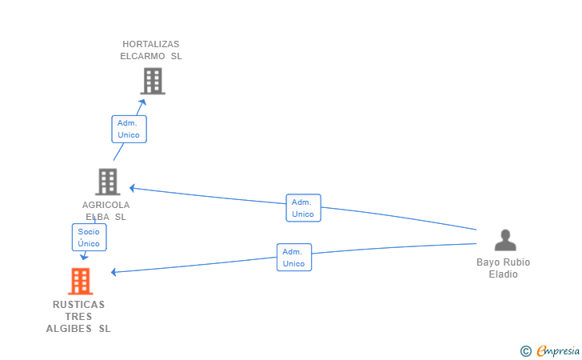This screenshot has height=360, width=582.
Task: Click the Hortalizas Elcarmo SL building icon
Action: (152, 81)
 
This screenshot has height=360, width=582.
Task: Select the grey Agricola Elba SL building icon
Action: (107, 182)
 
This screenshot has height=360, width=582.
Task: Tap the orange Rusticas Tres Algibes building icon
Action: (79, 281)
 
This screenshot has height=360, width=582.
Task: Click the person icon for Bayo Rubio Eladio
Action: (504, 240)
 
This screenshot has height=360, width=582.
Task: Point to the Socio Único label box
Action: (89, 238)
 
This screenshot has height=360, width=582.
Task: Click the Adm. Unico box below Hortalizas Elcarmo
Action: (129, 129)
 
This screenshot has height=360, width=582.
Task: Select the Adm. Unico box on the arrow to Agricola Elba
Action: (303, 208)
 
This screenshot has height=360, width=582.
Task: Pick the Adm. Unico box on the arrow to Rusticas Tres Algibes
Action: (293, 258)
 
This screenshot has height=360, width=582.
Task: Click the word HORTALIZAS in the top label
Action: (151, 44)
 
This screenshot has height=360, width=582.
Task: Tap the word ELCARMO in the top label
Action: (143, 56)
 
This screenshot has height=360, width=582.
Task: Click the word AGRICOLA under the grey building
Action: (106, 205)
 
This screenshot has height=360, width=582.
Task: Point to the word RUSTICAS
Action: (78, 305)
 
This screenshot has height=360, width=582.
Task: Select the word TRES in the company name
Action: (78, 317)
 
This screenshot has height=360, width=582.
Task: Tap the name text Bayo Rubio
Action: (504, 262)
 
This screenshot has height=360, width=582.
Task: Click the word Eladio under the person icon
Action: (504, 274)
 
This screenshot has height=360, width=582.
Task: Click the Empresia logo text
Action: (558, 350)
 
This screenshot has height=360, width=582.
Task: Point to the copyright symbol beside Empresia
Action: (525, 350)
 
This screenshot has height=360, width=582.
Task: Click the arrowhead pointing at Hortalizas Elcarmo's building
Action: (143, 101)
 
